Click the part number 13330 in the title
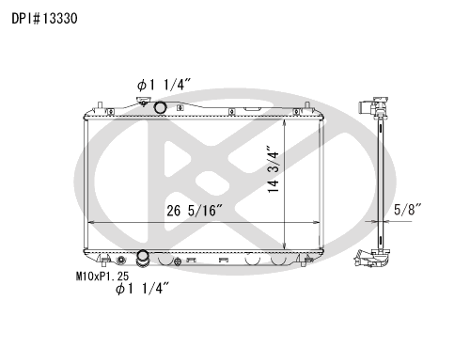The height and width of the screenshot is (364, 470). point(59,19)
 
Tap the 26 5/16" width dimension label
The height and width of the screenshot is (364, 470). point(195,211)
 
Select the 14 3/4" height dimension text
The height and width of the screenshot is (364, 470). point(274,168)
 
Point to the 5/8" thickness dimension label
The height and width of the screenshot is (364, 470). point(407,210)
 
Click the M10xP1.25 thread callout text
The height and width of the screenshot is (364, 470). point(102,277)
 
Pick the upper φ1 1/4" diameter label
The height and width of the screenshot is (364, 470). point(164,85)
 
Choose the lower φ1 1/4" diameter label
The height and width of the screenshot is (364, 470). point(143,288)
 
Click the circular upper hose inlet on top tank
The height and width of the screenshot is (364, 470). point(160,107)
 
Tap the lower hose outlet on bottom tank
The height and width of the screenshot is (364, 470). point(143,258)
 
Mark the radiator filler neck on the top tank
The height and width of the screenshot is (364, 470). point(143,102)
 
